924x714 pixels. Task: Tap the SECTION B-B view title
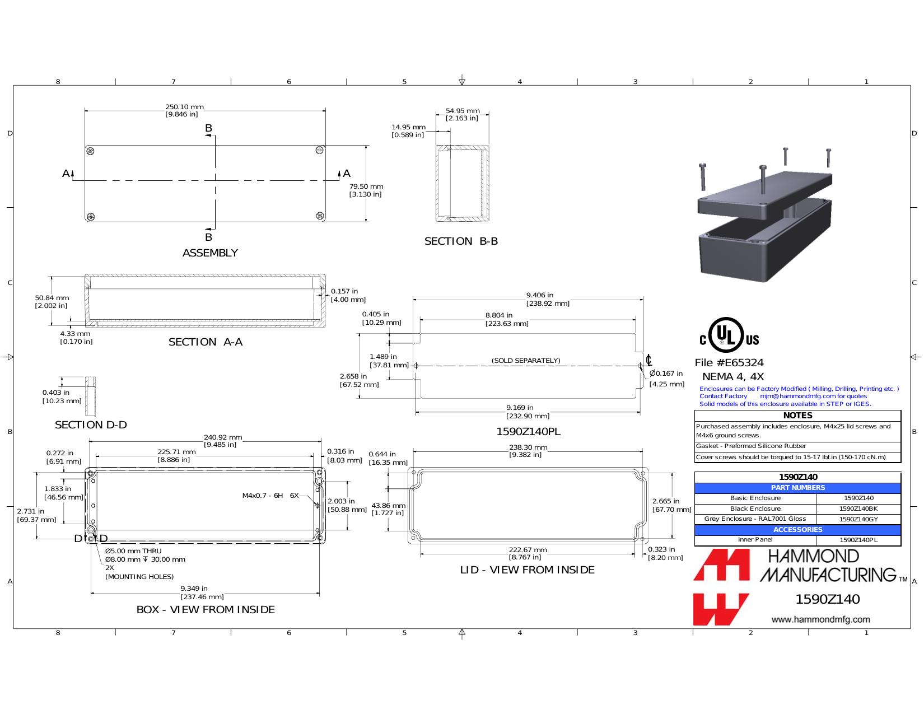coord(461,241)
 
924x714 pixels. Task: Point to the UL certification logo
coord(729,335)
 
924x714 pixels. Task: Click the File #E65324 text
coord(729,363)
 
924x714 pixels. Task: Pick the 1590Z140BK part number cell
coord(858,508)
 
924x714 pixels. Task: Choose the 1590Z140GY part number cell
coord(858,519)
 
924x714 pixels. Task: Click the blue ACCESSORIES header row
coord(797,530)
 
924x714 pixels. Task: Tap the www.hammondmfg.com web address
coord(820,619)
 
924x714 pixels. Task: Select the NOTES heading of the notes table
coord(797,416)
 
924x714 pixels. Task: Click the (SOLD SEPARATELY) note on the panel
coord(526,361)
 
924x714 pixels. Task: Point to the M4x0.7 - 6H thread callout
coord(262,496)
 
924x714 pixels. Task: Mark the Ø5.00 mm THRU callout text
coord(133,551)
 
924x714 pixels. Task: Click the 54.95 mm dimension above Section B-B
coord(462,111)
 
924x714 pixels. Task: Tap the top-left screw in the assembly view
coord(90,151)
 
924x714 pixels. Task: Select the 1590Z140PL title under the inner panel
coord(528,432)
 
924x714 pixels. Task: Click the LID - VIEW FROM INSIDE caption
coord(528,570)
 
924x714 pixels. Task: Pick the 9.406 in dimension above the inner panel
coord(540,295)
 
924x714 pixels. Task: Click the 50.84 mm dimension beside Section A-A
coord(52,298)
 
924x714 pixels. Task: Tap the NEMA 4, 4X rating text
coord(732,377)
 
